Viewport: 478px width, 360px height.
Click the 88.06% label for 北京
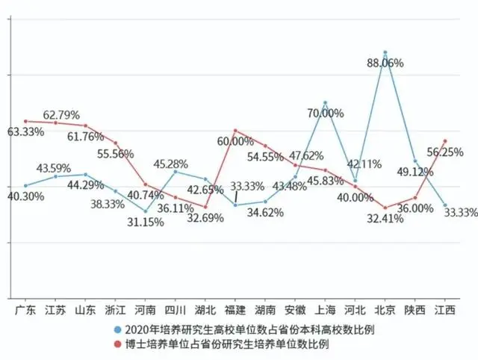[x=386, y=63]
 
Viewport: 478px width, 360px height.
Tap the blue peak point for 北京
[x=385, y=52]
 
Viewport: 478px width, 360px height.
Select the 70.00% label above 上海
[x=325, y=114]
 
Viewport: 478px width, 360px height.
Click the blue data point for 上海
[x=326, y=102]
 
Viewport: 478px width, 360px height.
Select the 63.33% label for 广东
[x=26, y=131]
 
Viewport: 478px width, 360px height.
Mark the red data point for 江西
[x=445, y=140]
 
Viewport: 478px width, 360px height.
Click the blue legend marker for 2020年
[x=118, y=329]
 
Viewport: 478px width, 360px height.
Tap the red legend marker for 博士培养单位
[x=118, y=344]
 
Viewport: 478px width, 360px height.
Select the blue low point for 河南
[x=146, y=211]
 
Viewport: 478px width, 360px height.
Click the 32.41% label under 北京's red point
[x=385, y=220]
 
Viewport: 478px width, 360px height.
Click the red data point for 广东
[x=26, y=120]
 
